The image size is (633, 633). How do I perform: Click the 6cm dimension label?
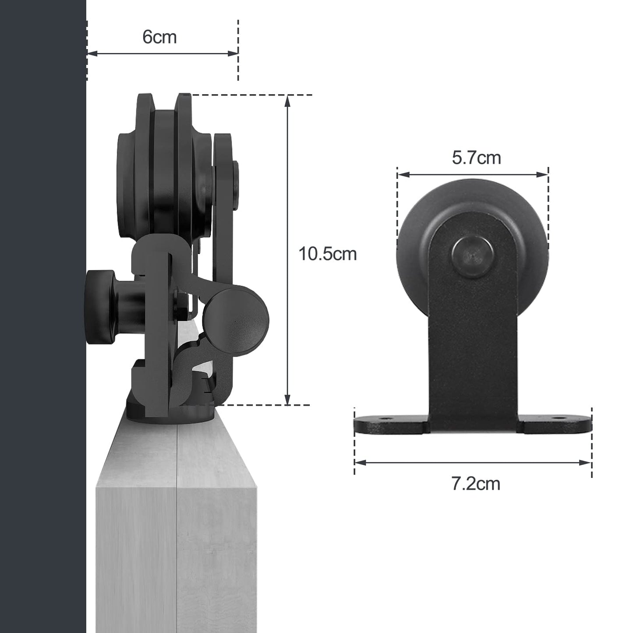159,37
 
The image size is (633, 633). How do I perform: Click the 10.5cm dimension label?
327,254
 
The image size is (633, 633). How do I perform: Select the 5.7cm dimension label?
476,158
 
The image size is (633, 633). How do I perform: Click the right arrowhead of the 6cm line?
234,54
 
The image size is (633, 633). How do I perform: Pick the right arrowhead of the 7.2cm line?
587,462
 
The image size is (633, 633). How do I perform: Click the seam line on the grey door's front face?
177,526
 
